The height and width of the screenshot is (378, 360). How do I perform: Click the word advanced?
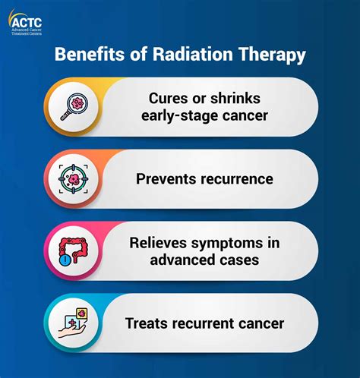pyautogui.click(x=182, y=260)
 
